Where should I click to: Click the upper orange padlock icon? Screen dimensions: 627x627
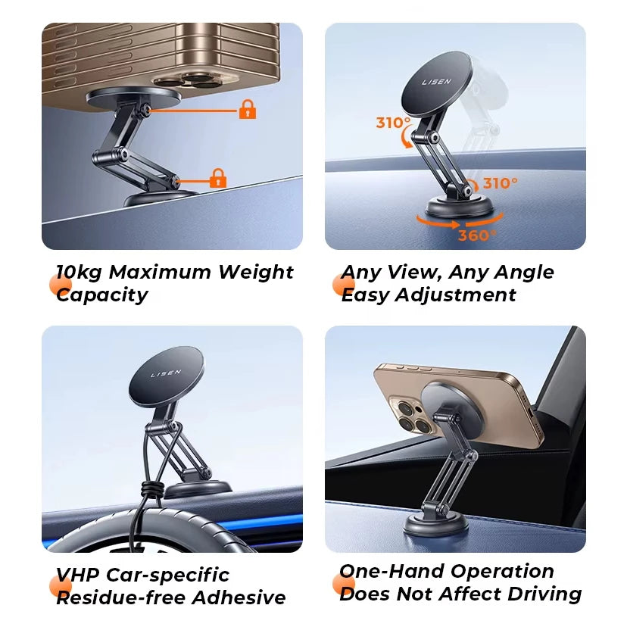point(248,110)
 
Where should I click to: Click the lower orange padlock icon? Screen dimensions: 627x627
point(218,179)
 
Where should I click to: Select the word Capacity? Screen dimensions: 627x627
point(102,295)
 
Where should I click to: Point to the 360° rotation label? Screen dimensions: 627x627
point(477,235)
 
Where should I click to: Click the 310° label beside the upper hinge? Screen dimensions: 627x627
point(394,123)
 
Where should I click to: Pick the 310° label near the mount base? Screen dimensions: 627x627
point(501,183)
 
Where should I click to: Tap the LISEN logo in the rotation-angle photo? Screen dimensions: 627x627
point(437,82)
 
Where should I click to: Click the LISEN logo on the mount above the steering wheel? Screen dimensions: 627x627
point(167,373)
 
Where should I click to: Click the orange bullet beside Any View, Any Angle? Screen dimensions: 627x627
point(344,285)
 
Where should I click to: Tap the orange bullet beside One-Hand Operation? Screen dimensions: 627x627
point(344,584)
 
